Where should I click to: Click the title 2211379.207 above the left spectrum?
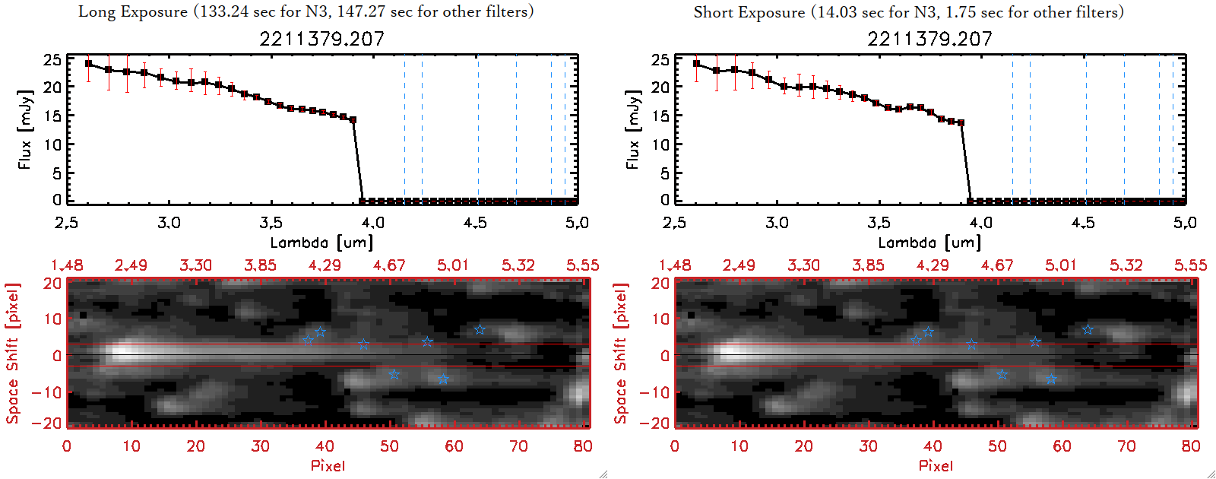pyautogui.click(x=321, y=39)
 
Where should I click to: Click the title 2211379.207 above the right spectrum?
pyautogui.click(x=929, y=39)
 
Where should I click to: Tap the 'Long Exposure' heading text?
pyautogui.click(x=133, y=11)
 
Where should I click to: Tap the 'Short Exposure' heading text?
pyautogui.click(x=749, y=12)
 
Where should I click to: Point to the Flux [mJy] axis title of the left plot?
pyautogui.click(x=25, y=130)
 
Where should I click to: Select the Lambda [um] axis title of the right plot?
pyautogui.click(x=929, y=243)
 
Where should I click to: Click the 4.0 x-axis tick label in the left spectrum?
pyautogui.click(x=372, y=223)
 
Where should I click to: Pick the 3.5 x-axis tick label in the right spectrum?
pyautogui.click(x=879, y=223)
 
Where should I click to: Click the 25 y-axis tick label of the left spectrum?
pyautogui.click(x=52, y=59)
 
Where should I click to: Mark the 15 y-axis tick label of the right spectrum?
pyautogui.click(x=660, y=116)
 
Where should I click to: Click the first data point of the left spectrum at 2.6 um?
pyautogui.click(x=89, y=64)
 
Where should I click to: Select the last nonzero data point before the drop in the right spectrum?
pyautogui.click(x=961, y=122)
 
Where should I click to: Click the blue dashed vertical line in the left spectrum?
pyautogui.click(x=404, y=129)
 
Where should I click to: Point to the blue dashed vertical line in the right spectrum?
pyautogui.click(x=1012, y=129)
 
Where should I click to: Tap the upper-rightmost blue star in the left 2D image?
pyautogui.click(x=480, y=330)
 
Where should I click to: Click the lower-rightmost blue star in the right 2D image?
pyautogui.click(x=1051, y=379)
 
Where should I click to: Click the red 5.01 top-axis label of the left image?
pyautogui.click(x=453, y=265)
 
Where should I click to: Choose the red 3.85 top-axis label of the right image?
pyautogui.click(x=868, y=265)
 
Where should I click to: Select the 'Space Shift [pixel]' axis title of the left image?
pyautogui.click(x=13, y=354)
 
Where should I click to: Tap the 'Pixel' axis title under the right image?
pyautogui.click(x=936, y=465)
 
